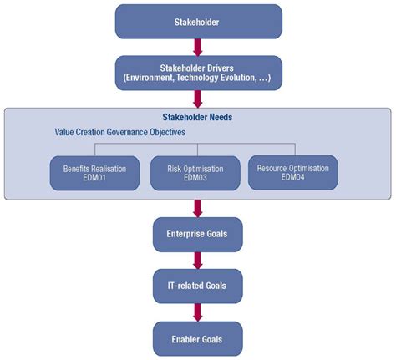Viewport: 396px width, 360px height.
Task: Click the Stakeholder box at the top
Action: [197, 23]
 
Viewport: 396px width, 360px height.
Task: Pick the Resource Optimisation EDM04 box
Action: [292, 172]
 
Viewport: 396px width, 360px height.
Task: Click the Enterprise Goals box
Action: [197, 235]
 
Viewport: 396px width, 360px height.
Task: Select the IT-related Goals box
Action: [197, 286]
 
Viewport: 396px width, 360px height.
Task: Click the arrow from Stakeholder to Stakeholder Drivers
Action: [198, 47]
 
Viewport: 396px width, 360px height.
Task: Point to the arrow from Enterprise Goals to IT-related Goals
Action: [198, 261]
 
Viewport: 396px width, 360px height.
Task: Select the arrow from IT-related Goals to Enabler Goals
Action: [198, 312]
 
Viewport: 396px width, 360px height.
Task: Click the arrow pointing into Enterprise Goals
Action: [198, 208]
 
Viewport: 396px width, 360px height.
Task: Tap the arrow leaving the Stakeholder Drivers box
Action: [198, 101]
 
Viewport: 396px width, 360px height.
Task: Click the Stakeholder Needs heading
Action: [197, 118]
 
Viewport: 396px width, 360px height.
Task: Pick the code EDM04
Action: [292, 178]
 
